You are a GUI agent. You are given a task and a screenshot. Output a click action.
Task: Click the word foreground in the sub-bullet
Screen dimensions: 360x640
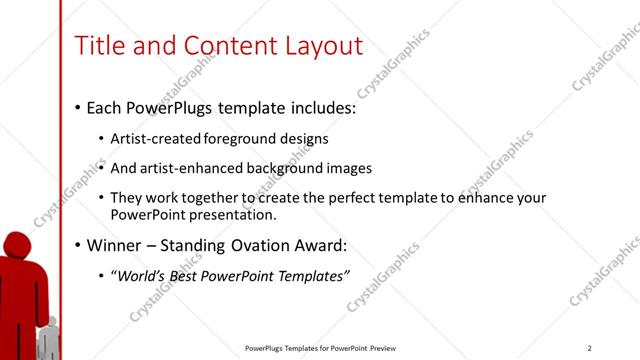coord(238,138)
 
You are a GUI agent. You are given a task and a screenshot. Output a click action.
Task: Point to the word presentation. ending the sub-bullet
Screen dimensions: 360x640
coord(231,214)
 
